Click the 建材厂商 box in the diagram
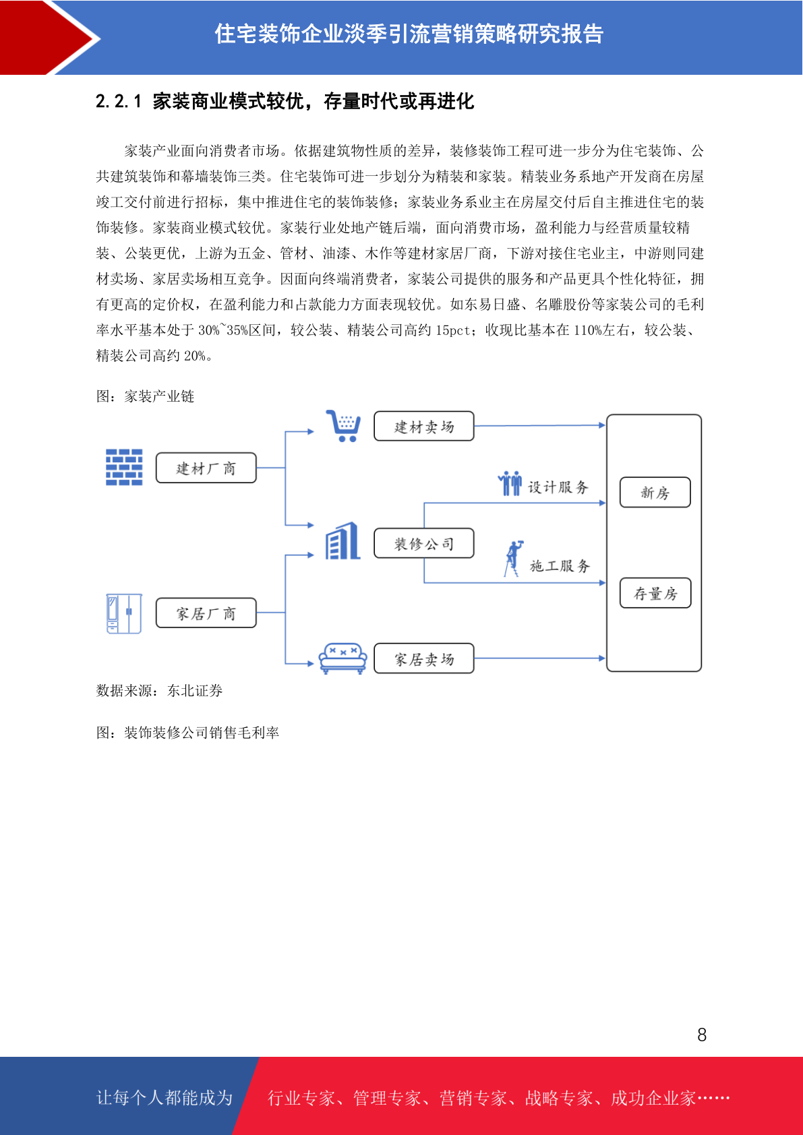(x=206, y=468)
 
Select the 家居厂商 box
(x=206, y=613)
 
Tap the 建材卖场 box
(x=424, y=426)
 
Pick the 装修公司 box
(x=424, y=543)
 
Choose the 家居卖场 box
(x=424, y=658)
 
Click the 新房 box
(x=655, y=492)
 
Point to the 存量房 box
(x=655, y=593)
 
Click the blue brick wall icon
(x=124, y=467)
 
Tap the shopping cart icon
(x=343, y=426)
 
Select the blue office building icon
(x=343, y=541)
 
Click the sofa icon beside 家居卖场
(x=343, y=658)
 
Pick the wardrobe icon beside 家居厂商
(x=124, y=613)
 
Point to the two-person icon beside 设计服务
(x=510, y=483)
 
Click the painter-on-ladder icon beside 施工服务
(x=513, y=558)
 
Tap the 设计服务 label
(x=558, y=487)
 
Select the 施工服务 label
(x=560, y=566)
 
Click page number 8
(x=702, y=1035)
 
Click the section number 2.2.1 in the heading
(x=119, y=101)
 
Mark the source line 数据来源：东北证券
(x=159, y=691)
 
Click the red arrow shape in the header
(x=48, y=38)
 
